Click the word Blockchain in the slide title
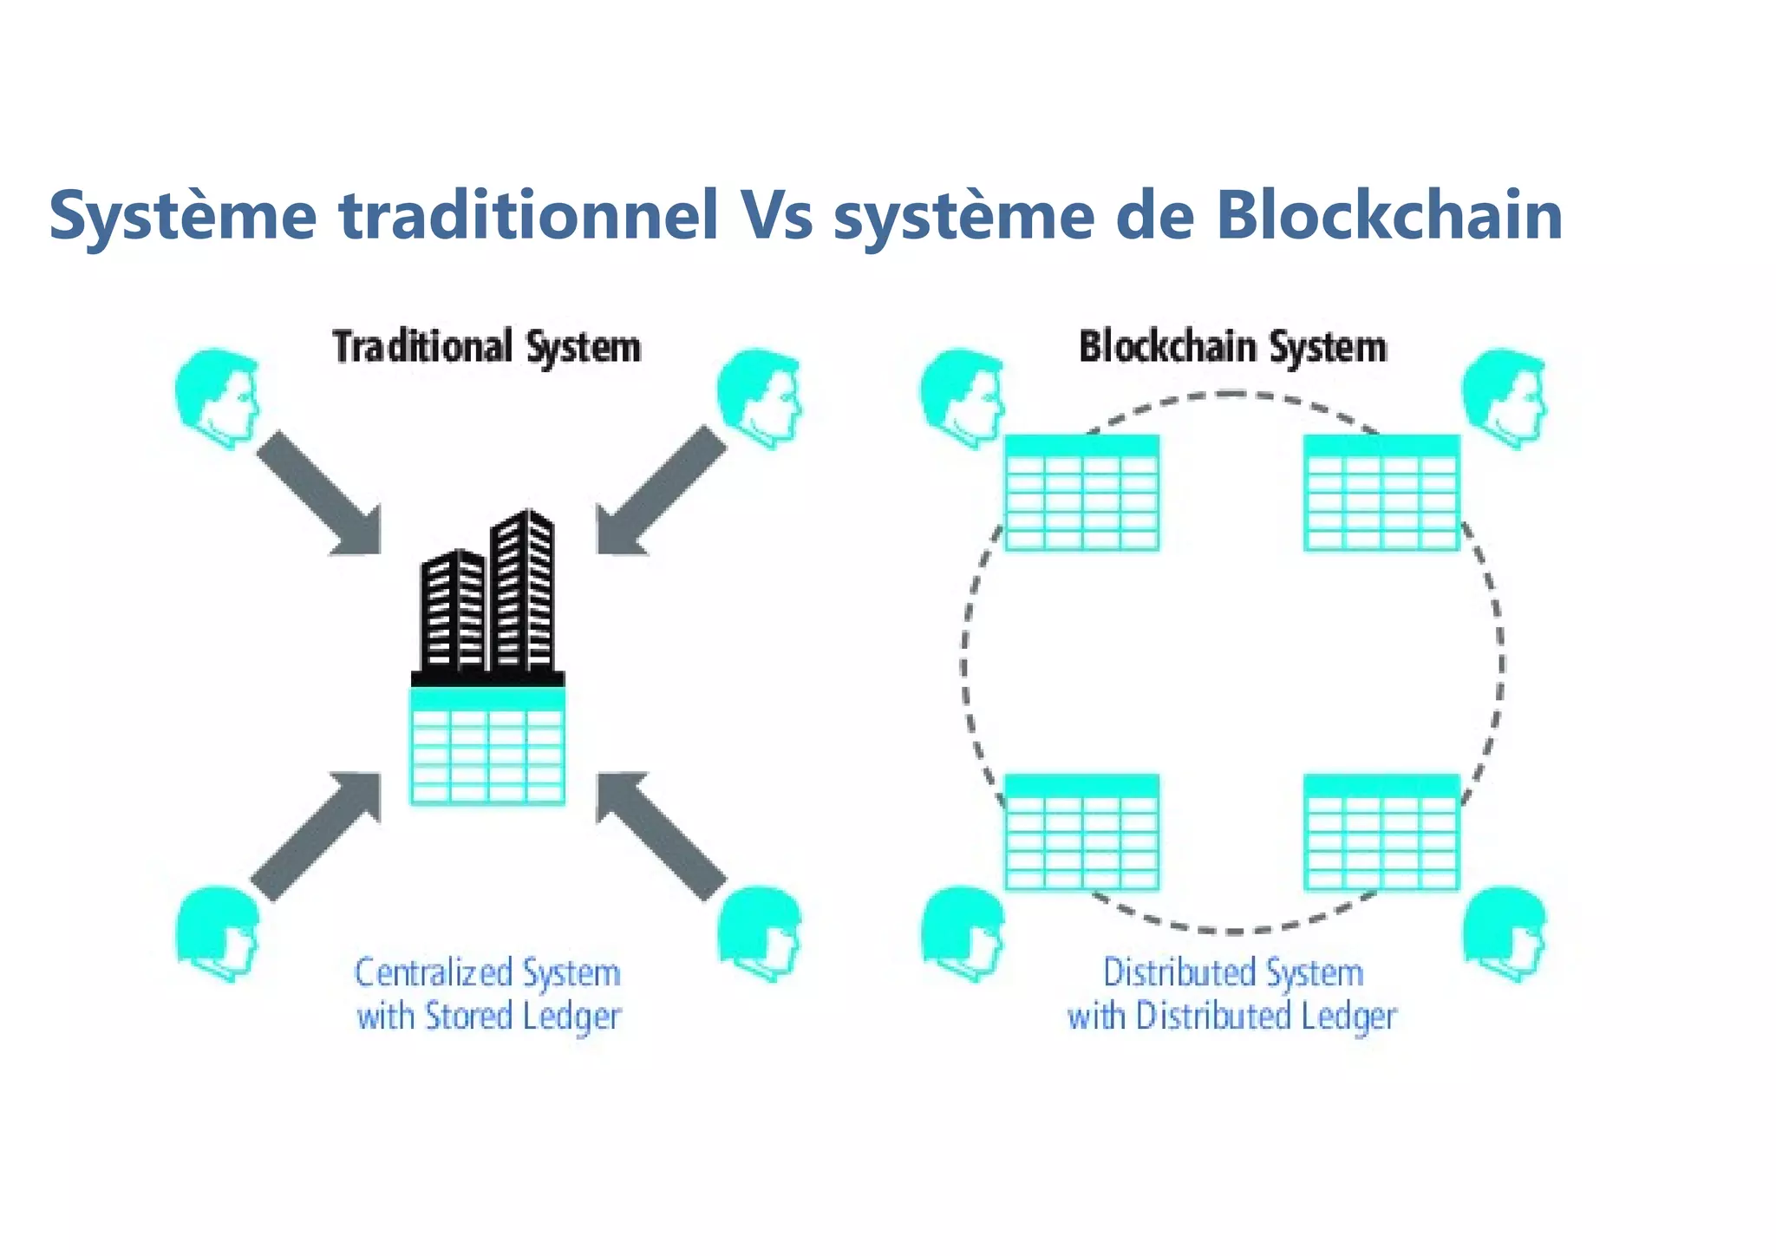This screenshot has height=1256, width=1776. pos(1388,215)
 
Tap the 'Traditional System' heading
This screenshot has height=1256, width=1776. pos(486,347)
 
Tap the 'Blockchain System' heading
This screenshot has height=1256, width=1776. pos(1232,347)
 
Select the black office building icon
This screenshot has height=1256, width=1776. pos(488,599)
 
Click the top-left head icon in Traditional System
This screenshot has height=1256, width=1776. pos(218,397)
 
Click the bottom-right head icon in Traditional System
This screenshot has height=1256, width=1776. pos(760,932)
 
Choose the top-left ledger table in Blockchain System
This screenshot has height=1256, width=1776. pos(1081,493)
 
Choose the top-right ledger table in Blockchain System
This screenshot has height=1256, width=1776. pos(1381,493)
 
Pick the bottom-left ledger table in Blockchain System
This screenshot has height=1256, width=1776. pos(1081,833)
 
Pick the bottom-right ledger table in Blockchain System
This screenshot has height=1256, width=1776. pos(1381,833)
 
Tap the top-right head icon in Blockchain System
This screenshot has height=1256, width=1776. pos(1505,397)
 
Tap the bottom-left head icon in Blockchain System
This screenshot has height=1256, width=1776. pos(962,932)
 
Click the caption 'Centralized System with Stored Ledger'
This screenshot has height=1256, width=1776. pos(488,995)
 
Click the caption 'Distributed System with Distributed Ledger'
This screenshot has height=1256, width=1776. pos(1232,995)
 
